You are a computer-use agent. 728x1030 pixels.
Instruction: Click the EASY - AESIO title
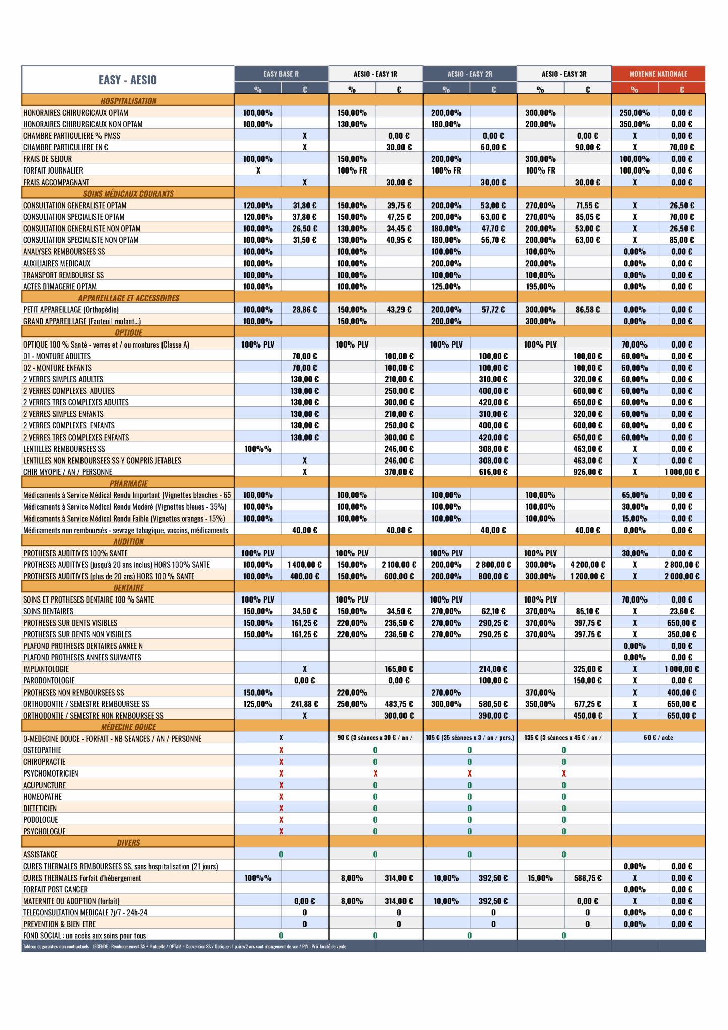point(127,80)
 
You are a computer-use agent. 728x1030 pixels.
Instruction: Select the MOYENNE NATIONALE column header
point(658,74)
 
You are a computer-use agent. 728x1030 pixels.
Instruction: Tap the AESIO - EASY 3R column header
point(564,74)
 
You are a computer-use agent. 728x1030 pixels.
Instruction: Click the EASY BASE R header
point(281,74)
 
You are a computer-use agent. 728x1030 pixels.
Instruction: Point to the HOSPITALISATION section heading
point(128,101)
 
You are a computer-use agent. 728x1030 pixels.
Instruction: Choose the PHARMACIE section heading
point(128,483)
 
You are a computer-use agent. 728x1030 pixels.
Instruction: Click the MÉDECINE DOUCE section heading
point(128,727)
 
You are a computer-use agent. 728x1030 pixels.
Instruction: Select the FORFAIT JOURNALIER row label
point(53,170)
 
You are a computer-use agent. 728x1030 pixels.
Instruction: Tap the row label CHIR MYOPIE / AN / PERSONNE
point(67,472)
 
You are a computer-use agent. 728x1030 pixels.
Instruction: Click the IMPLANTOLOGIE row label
point(46,669)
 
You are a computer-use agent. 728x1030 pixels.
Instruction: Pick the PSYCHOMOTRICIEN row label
point(50,773)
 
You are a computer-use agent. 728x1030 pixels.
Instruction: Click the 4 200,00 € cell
point(587,565)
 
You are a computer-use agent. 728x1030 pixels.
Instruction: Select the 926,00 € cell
point(587,472)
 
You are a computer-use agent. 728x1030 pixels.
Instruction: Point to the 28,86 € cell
point(305,310)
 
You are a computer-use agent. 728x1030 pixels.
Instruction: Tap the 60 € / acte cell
point(658,738)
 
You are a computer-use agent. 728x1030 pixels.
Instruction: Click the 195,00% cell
point(540,286)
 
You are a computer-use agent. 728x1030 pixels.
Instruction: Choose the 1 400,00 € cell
point(305,565)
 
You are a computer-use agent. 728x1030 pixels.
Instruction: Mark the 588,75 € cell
point(587,878)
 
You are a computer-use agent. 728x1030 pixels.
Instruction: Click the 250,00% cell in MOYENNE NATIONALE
point(634,113)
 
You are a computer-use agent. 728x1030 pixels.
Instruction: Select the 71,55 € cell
point(587,205)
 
